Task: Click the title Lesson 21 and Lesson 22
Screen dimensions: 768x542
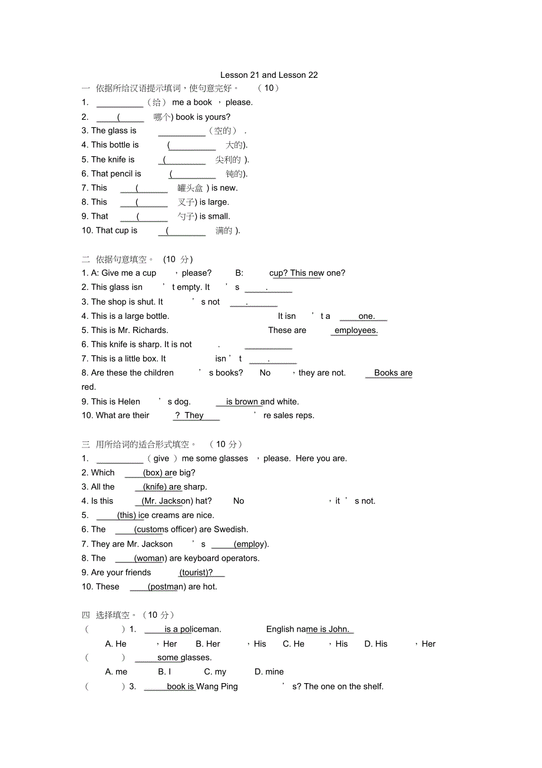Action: point(269,75)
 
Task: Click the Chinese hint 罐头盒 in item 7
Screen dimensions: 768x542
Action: point(190,188)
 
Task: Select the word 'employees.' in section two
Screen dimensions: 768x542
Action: point(356,330)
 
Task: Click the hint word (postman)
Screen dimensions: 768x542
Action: point(166,586)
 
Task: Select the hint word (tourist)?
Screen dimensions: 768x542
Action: point(196,572)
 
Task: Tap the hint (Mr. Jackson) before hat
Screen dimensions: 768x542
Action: point(167,501)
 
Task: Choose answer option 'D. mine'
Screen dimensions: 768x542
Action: point(269,671)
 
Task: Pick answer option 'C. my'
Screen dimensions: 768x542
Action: point(215,671)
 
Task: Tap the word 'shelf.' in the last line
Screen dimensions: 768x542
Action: point(371,686)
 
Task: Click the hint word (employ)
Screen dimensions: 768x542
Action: point(251,544)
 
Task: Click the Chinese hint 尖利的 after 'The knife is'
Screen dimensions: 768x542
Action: point(228,160)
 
